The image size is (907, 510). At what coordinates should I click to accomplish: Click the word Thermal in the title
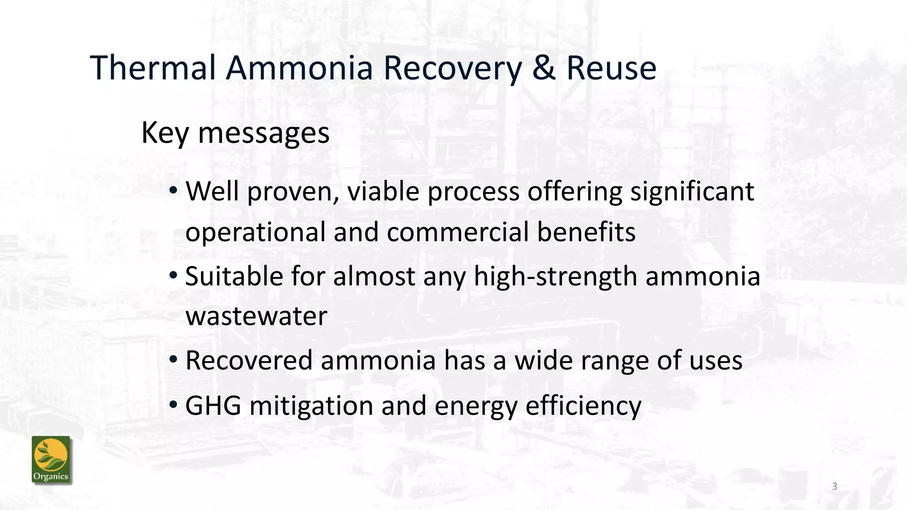point(153,68)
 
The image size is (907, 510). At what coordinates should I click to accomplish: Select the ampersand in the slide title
point(544,68)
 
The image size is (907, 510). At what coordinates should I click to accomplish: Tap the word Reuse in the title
point(611,68)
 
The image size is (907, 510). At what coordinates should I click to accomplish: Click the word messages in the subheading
point(264,133)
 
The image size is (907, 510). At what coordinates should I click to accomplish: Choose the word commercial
point(457,232)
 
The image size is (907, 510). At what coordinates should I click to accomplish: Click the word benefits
point(586,232)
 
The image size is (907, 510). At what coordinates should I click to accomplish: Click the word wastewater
point(256,316)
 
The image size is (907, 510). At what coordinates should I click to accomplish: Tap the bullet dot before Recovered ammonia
point(174,359)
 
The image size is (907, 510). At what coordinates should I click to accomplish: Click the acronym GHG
point(213,406)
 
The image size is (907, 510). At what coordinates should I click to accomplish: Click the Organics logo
point(51,460)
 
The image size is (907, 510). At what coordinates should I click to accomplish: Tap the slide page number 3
point(834,487)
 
